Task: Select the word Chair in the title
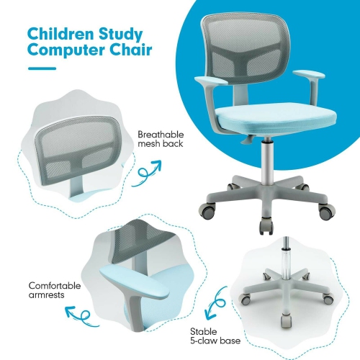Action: point(132,51)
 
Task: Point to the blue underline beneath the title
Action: point(42,69)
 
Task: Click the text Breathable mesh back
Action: point(161,139)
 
